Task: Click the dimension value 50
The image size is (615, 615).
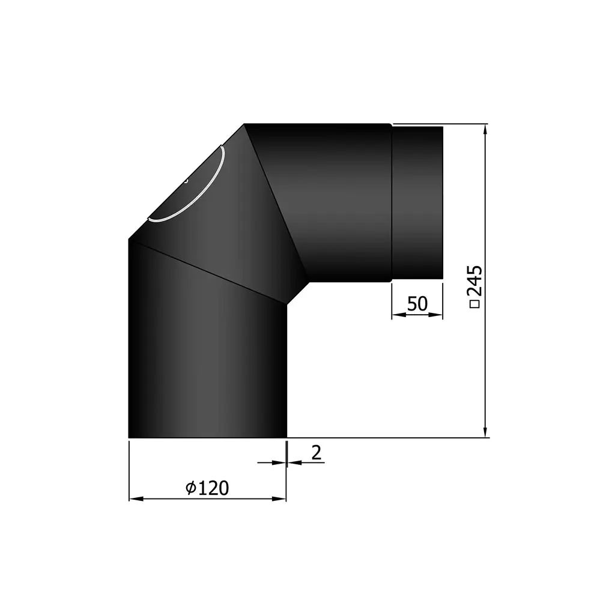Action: (417, 304)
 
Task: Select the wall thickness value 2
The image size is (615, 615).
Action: (317, 453)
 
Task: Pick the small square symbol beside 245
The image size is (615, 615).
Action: (475, 304)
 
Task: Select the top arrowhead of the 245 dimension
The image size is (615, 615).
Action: (486, 130)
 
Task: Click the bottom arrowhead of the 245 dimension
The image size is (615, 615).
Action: (486, 432)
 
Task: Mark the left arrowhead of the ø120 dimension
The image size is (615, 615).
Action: (136, 498)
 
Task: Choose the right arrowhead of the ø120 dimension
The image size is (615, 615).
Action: (280, 498)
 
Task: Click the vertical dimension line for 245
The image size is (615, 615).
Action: (486, 360)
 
